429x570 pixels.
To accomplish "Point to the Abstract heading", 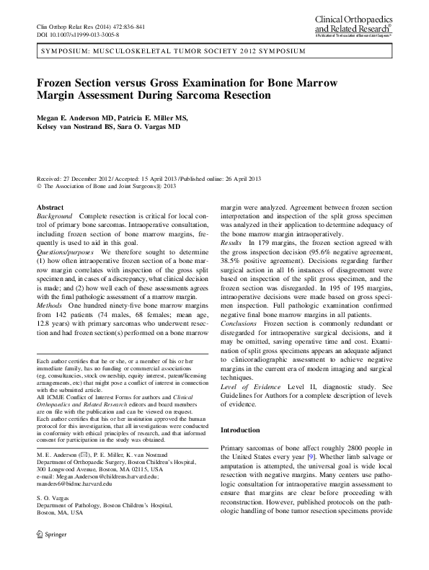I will point(50,207).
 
